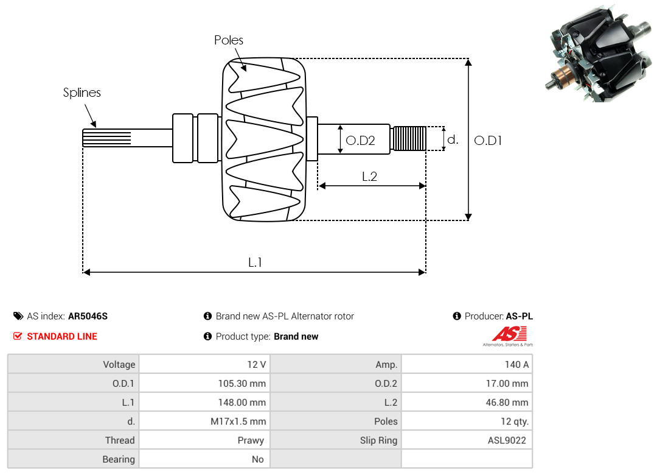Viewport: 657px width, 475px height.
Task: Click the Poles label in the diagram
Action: (228, 40)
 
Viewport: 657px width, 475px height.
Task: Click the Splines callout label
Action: (82, 93)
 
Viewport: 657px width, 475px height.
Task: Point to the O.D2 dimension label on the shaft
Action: (360, 141)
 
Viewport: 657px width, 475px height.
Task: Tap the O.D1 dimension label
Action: (488, 141)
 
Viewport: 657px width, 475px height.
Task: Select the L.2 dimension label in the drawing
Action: (370, 177)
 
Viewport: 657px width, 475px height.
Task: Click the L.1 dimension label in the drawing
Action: (255, 262)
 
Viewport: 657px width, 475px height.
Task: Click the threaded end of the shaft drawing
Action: (409, 138)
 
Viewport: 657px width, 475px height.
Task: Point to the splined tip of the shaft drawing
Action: (107, 138)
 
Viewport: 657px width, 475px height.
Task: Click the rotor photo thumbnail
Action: (599, 54)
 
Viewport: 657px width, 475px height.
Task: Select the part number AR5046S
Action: (88, 317)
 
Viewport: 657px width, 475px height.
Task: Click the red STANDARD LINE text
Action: (62, 337)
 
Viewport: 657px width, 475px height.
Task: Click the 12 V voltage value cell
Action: (204, 364)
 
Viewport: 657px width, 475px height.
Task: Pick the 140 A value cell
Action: (467, 364)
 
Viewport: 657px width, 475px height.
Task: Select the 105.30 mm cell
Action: (204, 383)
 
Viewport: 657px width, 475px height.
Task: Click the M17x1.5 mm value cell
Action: (204, 421)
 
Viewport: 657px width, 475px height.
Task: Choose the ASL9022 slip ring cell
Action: (467, 440)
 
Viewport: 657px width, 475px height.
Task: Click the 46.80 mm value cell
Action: (467, 403)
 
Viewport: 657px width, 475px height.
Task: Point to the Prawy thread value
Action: (251, 440)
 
